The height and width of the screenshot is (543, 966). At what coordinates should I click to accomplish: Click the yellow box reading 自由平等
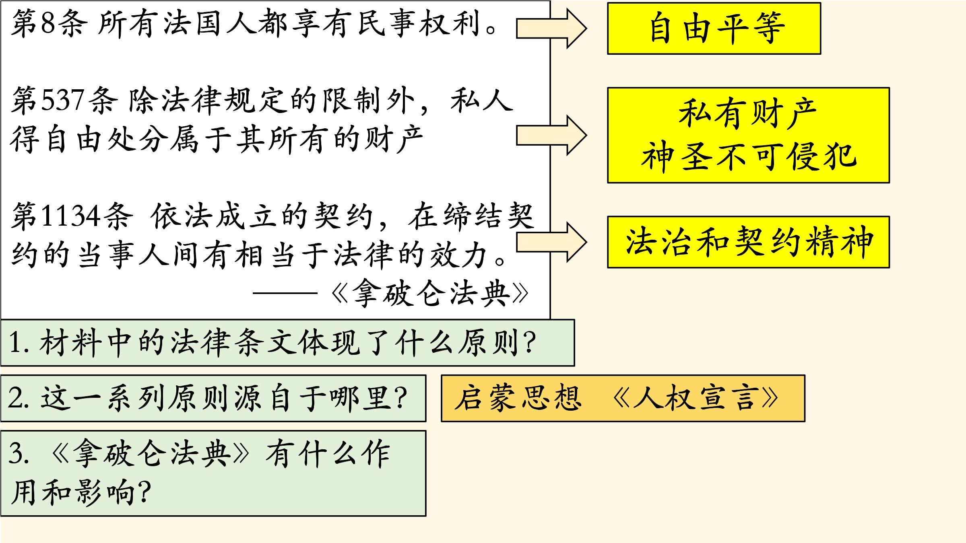pos(714,28)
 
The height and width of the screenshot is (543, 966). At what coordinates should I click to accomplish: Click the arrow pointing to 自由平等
pos(551,28)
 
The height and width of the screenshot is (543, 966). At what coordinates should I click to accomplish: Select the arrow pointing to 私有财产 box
pos(551,135)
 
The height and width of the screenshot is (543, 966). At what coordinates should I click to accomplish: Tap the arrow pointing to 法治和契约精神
pos(551,242)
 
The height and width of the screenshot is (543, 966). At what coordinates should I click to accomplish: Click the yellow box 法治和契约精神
pos(748,242)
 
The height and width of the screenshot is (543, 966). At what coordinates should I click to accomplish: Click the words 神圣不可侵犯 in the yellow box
pos(749,157)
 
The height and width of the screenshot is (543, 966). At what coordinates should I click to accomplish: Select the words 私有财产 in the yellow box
pos(748,114)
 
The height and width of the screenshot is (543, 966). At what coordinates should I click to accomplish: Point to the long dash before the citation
pos(285,293)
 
